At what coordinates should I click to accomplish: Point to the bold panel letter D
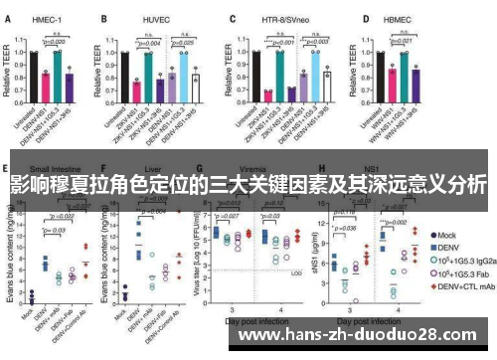point(367,17)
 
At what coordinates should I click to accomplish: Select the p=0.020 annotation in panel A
point(53,41)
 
